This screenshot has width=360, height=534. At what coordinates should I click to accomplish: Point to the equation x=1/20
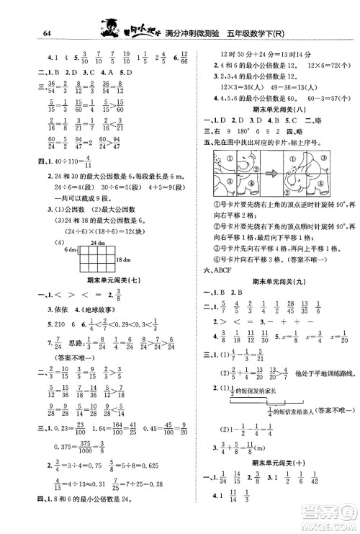330,336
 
